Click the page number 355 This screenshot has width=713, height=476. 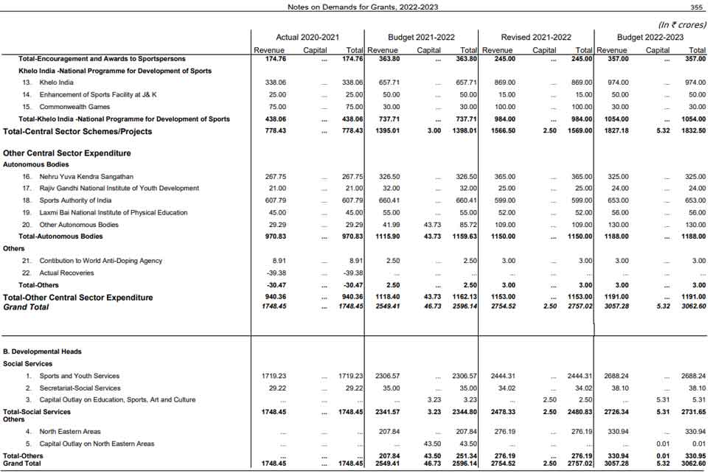click(x=696, y=7)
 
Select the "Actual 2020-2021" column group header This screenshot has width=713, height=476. click(x=307, y=37)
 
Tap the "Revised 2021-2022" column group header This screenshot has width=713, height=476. click(x=536, y=37)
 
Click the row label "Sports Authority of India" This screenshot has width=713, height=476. click(x=75, y=200)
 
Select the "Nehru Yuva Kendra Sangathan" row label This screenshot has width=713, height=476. click(x=86, y=177)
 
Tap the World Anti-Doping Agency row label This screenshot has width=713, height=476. click(x=100, y=261)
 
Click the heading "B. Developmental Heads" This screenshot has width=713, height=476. click(x=42, y=351)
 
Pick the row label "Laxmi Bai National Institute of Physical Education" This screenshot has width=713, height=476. click(x=114, y=212)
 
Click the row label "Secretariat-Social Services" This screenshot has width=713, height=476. click(x=80, y=388)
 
